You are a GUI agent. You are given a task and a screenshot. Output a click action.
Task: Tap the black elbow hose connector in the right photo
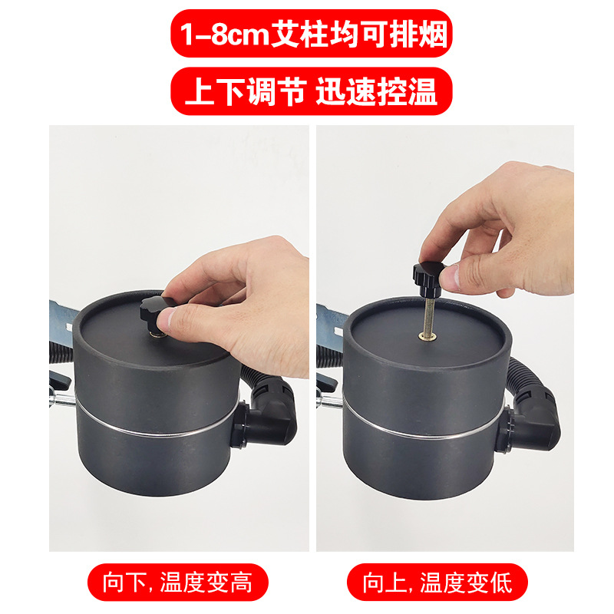point(533,416)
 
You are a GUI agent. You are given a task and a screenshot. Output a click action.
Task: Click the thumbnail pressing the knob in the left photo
point(166,319)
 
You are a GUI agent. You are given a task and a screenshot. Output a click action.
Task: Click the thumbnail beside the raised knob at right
point(450,276)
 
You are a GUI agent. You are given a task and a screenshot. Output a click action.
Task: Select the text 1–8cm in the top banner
point(225,35)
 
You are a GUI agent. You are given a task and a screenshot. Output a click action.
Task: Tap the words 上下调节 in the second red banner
point(246,91)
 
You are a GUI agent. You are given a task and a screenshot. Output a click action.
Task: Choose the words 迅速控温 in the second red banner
point(376,91)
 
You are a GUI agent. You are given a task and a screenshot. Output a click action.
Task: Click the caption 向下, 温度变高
point(178,583)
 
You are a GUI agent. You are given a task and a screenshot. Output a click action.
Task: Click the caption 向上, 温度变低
point(437,583)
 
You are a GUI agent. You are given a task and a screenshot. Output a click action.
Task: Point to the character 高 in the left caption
point(241,583)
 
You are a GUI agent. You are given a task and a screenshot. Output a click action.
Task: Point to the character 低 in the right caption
point(501,583)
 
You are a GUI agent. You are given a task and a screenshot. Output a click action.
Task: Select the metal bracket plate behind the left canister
point(63,317)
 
